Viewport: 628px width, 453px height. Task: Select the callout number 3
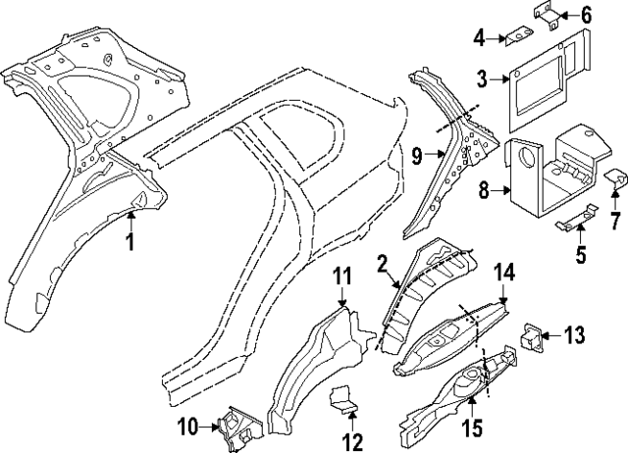click(483, 78)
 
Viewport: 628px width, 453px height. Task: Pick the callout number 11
click(340, 277)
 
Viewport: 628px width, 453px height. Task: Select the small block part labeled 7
click(615, 179)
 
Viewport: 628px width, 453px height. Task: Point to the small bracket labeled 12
click(343, 400)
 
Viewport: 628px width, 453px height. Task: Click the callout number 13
click(574, 336)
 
